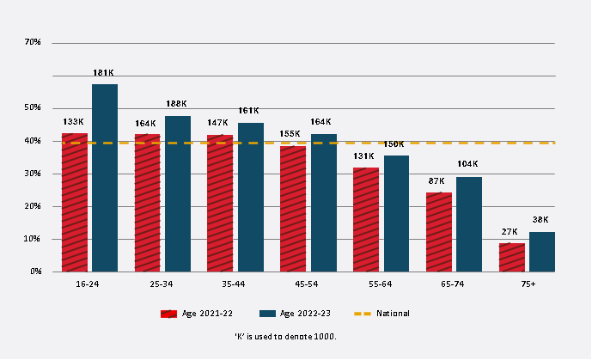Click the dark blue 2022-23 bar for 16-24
pos(105,178)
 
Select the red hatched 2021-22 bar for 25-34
pos(147,203)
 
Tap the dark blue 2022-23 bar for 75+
pos(542,252)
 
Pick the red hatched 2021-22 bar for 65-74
pos(439,232)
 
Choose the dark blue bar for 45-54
pos(323,203)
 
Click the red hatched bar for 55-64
pos(366,220)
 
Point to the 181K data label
pos(104,72)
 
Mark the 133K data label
pos(74,122)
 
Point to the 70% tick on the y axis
pos(34,42)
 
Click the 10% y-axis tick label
pos(34,239)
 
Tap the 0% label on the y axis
pos(35,272)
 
